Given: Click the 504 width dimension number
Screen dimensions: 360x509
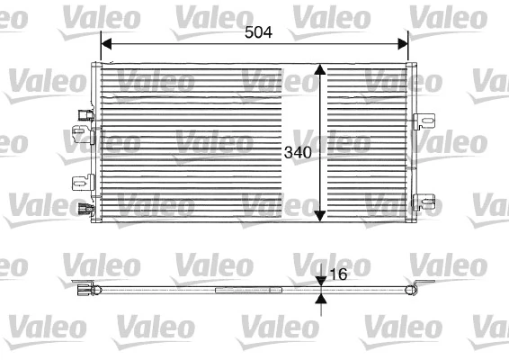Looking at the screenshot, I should point(259,31).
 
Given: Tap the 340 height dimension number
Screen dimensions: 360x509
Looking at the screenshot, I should point(298,152).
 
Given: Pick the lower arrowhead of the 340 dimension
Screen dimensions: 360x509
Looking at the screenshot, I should point(319,214).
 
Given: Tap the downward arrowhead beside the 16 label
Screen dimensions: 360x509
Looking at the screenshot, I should point(321,280).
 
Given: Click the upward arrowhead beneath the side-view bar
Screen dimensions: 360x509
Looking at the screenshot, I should point(321,298).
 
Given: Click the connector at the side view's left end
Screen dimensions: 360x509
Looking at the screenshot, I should point(86,289).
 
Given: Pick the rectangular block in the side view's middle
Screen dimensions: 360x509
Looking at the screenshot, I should point(236,290).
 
